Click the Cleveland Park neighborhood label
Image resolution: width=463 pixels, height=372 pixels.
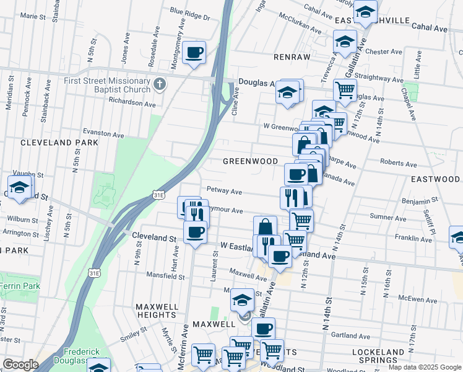coord(59,143)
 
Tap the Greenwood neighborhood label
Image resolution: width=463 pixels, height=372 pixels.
coord(250,161)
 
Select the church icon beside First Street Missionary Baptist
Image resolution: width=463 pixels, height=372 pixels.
coord(160,84)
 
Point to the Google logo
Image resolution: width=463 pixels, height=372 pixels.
coord(20,365)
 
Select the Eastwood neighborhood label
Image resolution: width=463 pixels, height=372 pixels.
coord(435,179)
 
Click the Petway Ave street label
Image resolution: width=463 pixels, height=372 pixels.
coord(223,192)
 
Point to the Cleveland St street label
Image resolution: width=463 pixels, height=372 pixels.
coord(155,237)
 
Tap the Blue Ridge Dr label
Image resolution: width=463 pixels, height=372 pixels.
coord(189,11)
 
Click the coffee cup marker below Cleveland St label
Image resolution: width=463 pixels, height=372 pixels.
coord(195,232)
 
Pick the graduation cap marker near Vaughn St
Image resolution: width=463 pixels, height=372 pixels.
coord(19,187)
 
